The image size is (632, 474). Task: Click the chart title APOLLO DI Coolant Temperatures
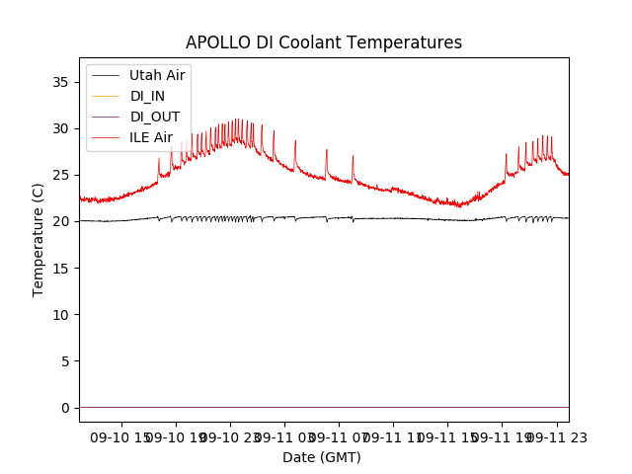tap(324, 42)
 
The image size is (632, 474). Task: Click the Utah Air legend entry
tap(157, 75)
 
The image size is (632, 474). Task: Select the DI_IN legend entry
tap(149, 96)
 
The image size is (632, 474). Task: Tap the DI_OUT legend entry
tap(155, 117)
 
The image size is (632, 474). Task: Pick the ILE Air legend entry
tap(151, 137)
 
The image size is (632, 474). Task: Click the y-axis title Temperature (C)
tap(39, 239)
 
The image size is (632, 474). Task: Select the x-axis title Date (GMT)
tap(322, 457)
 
